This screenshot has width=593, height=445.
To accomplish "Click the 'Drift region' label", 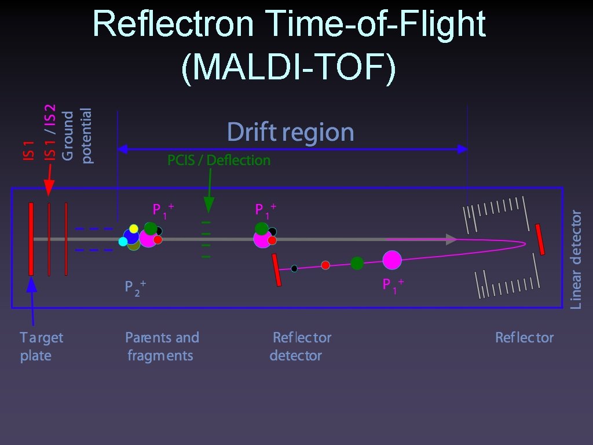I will [x=290, y=133].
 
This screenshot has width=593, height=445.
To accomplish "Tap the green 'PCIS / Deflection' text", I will [x=219, y=161].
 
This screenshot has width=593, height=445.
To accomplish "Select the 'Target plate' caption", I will [x=41, y=346].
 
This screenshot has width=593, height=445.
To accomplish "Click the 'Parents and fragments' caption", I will [x=162, y=346].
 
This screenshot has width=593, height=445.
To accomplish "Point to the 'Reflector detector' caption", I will [x=301, y=346].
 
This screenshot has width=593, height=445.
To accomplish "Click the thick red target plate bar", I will [x=31, y=239].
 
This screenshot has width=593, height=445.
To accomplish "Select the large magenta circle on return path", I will [x=392, y=260].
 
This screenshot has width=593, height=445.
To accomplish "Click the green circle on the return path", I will [x=357, y=263].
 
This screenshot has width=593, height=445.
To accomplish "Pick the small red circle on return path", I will [x=325, y=265].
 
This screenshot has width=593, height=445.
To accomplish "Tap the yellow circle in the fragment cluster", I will [x=134, y=228].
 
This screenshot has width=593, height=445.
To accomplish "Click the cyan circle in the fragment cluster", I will [x=123, y=242].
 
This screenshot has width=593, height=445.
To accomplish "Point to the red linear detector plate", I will [x=540, y=239].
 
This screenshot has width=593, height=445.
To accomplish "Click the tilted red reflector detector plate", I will [x=276, y=270].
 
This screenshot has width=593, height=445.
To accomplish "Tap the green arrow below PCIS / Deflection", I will [x=209, y=197].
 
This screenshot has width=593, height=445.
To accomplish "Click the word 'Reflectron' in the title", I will [x=172, y=24].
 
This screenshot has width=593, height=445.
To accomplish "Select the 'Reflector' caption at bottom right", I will [x=524, y=338].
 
